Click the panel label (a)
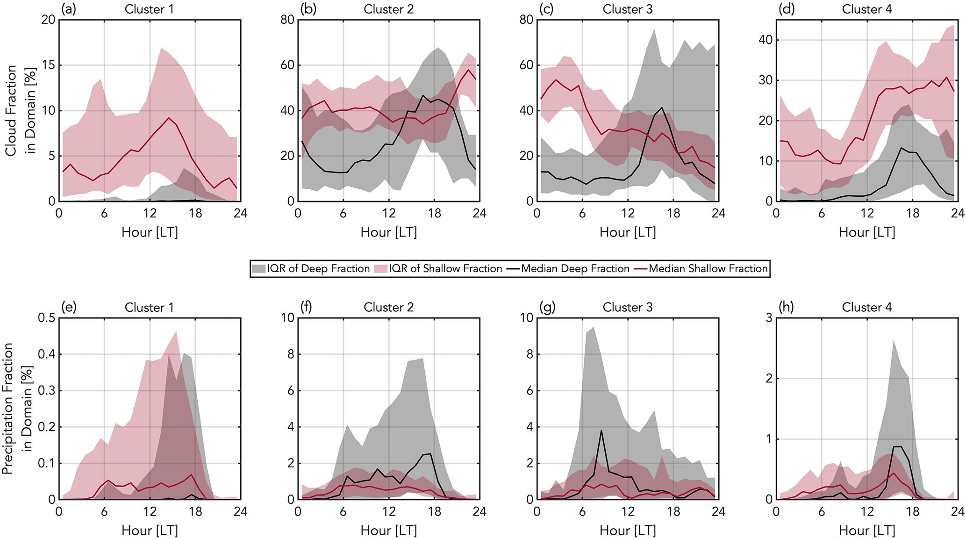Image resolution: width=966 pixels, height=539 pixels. click(68, 9)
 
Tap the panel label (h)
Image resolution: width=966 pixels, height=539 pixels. click(787, 307)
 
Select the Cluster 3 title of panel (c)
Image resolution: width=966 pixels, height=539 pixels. click(628, 9)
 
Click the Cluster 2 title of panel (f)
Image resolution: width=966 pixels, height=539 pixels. click(389, 307)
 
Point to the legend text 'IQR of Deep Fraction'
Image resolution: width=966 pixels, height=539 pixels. click(318, 269)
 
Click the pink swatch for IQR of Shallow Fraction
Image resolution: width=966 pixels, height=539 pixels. click(381, 269)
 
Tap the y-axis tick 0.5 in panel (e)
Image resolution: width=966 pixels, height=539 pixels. click(46, 318)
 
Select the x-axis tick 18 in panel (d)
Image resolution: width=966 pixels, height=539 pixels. click(913, 214)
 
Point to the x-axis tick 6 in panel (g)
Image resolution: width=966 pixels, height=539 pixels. click(582, 512)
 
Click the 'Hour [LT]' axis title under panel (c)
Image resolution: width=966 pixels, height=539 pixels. click(628, 232)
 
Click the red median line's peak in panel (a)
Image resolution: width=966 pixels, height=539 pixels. click(169, 118)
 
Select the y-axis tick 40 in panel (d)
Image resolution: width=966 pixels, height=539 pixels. click(765, 40)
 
